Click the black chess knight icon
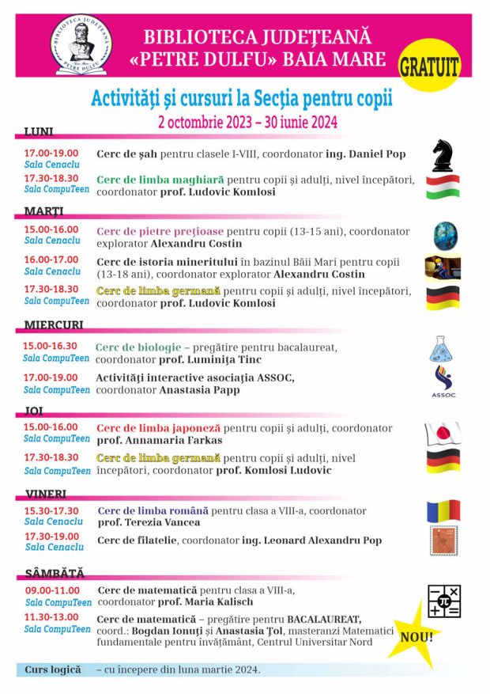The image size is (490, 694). click(x=443, y=155)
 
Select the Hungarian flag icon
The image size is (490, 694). click(x=443, y=187)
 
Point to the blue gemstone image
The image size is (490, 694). click(x=445, y=236)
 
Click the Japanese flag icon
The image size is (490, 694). click(x=443, y=434)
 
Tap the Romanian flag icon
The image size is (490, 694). click(x=443, y=511)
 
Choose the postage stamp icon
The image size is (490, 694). click(x=443, y=540)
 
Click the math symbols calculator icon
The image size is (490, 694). click(x=444, y=601)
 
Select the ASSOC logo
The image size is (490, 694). click(x=443, y=381)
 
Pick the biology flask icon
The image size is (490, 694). click(x=443, y=349)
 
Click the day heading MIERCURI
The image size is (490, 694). click(x=54, y=325)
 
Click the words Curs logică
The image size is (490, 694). click(x=53, y=669)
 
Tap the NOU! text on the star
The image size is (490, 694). click(x=416, y=635)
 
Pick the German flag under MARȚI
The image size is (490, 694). click(x=443, y=298)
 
